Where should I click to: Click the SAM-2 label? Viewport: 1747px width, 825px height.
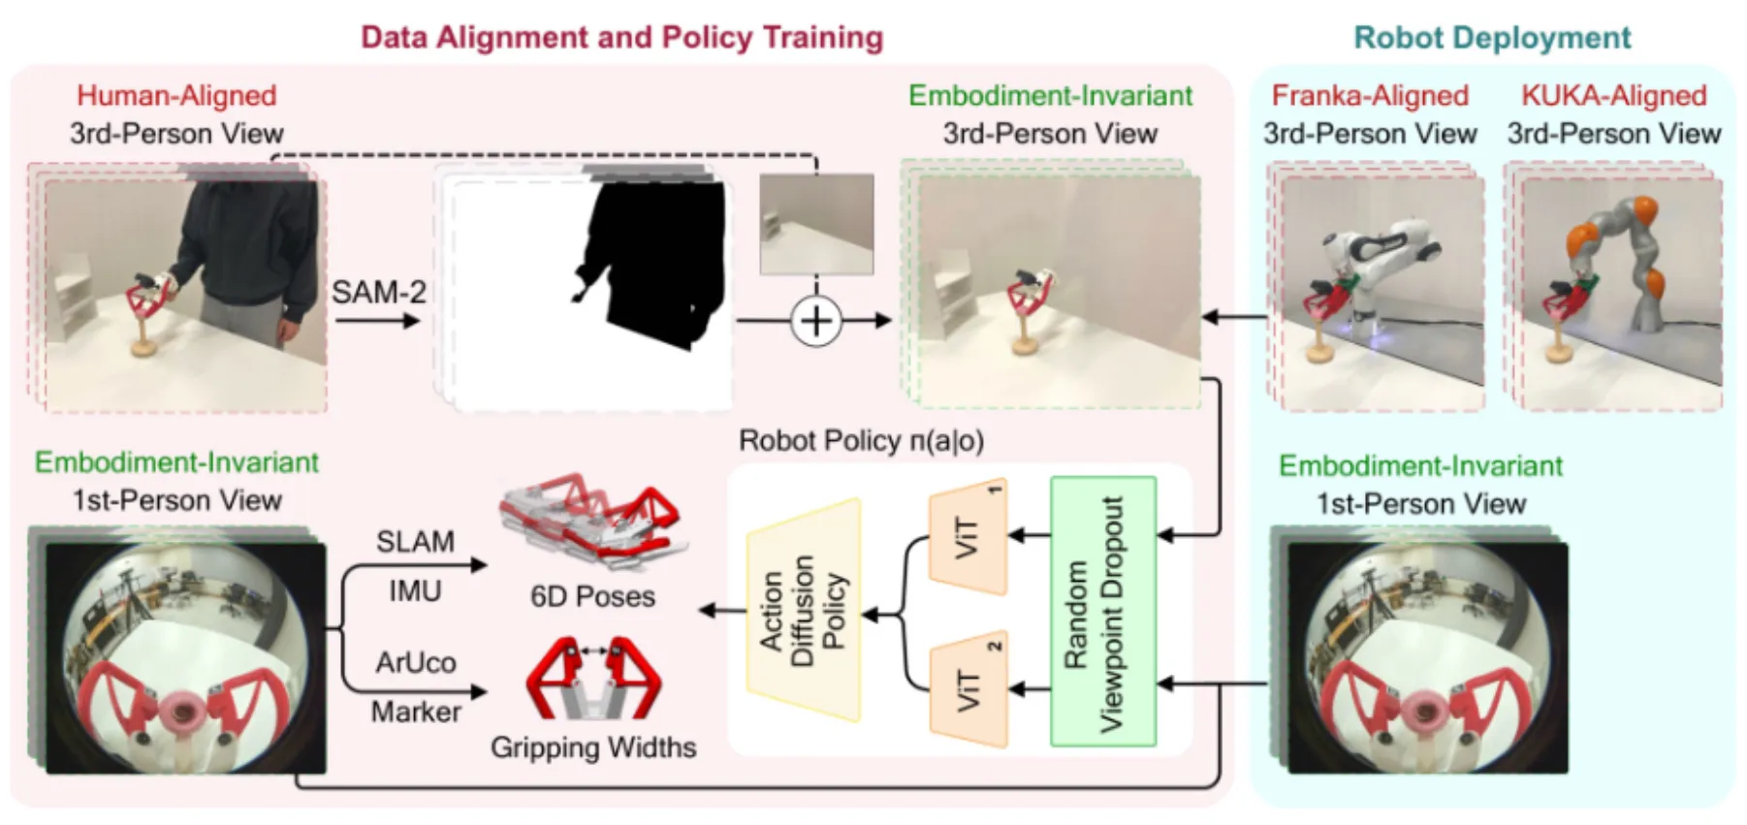[x=378, y=292]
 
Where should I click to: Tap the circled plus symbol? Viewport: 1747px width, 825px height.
[x=815, y=321]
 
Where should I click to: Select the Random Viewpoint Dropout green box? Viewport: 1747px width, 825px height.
[x=1103, y=611]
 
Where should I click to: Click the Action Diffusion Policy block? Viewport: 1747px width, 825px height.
[x=803, y=611]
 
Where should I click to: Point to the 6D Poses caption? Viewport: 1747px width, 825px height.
[x=592, y=596]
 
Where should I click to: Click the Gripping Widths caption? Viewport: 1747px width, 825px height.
[x=592, y=747]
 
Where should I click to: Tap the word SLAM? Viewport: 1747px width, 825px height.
[x=415, y=541]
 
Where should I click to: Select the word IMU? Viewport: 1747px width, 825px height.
[x=415, y=590]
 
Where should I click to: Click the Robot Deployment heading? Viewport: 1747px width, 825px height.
[x=1492, y=38]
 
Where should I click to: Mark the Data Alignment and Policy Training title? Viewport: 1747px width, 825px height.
[x=621, y=38]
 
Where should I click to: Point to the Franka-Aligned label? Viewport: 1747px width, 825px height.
[x=1369, y=95]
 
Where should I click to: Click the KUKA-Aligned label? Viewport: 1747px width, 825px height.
[x=1613, y=95]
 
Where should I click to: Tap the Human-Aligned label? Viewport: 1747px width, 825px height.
[x=176, y=95]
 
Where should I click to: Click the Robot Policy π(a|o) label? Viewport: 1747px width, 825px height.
[x=861, y=441]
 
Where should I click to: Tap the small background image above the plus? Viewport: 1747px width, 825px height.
[x=815, y=224]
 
